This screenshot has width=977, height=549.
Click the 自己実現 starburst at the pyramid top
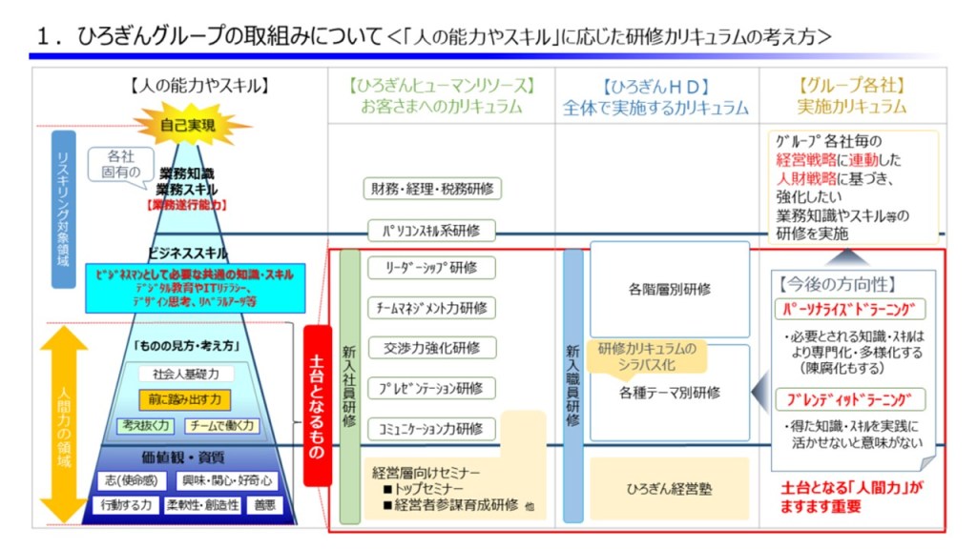189,124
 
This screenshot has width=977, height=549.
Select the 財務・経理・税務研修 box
432,189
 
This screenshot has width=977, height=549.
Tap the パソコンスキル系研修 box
432,230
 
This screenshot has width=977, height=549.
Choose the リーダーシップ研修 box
432,267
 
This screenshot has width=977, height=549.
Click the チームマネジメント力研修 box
432,307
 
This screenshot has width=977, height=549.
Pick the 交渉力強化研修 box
432,347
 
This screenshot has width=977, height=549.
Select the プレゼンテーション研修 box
432,388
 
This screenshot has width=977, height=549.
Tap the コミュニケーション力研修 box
432,428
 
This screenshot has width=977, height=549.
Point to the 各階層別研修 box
670,289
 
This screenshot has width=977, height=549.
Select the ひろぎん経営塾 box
670,489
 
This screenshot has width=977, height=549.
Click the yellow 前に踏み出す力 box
186,398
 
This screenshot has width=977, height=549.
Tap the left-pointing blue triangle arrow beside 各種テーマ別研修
759,391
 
